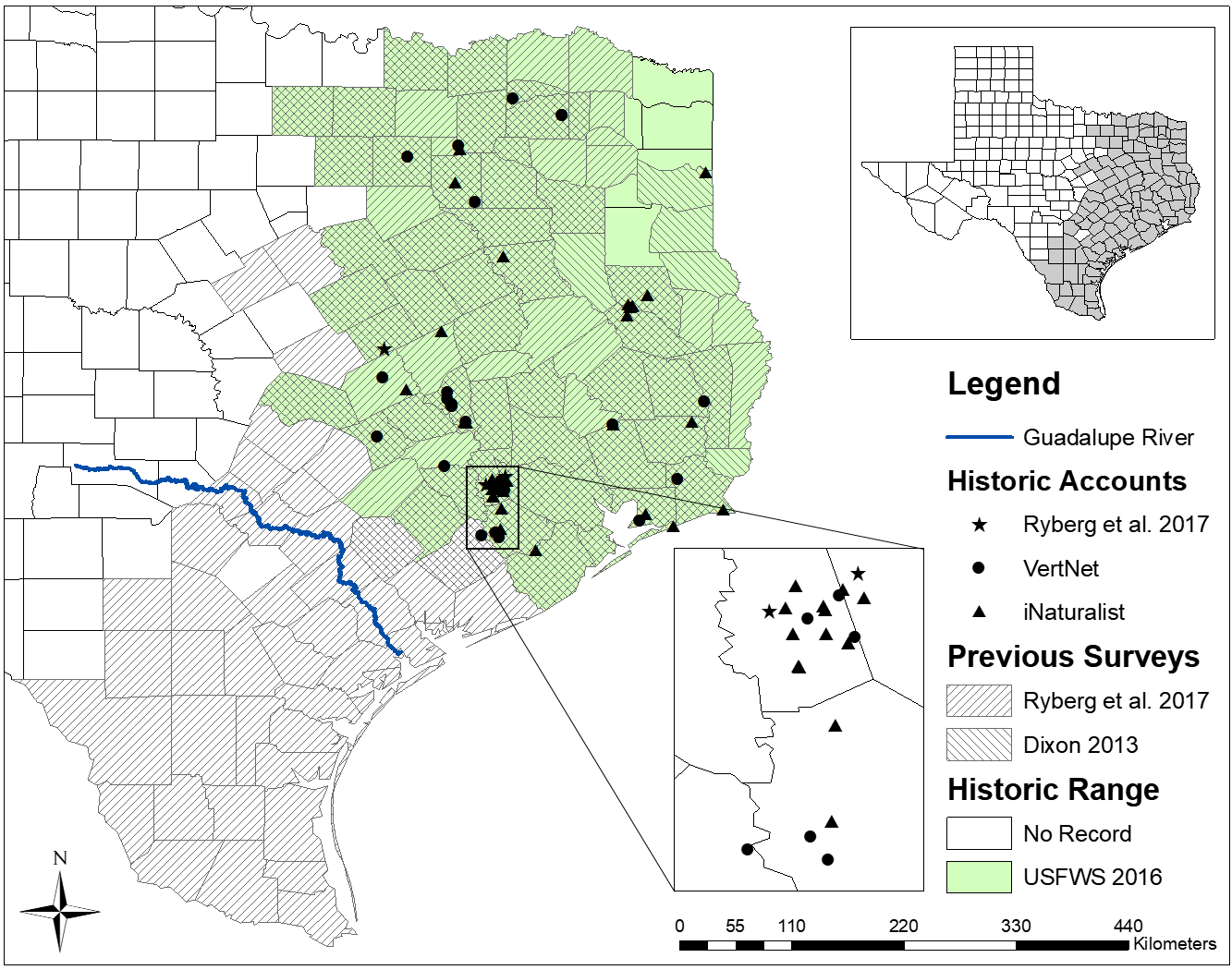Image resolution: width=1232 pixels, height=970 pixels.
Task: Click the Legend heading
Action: [1004, 384]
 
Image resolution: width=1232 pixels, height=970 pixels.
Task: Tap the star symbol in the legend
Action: [980, 525]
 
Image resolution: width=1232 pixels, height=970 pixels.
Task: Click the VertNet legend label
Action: [1061, 568]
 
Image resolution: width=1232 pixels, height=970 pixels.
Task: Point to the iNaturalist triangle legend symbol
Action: [980, 612]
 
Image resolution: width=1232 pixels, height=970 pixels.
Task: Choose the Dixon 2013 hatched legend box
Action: [979, 745]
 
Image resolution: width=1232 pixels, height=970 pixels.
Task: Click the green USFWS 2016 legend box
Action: [979, 877]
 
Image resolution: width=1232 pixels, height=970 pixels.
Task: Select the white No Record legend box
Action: [979, 833]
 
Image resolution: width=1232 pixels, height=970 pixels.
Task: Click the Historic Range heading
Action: [1053, 790]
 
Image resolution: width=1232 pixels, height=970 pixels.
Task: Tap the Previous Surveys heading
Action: [1073, 657]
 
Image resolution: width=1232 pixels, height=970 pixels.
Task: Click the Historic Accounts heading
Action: [1067, 481]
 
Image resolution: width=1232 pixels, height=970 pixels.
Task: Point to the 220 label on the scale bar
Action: [903, 926]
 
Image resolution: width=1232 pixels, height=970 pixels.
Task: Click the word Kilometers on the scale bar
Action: [1174, 943]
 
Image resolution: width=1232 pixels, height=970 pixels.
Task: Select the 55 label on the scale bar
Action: [736, 926]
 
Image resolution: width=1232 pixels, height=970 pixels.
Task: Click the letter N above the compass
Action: [60, 858]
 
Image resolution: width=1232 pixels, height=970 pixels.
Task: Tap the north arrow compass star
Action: [60, 912]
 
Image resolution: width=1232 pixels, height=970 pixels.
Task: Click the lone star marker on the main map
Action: [384, 349]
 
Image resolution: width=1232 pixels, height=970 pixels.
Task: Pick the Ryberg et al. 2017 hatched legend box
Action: [979, 701]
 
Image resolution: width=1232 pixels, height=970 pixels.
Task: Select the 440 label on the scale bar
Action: [1128, 926]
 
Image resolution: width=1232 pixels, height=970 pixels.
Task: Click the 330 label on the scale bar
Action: [1015, 926]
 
